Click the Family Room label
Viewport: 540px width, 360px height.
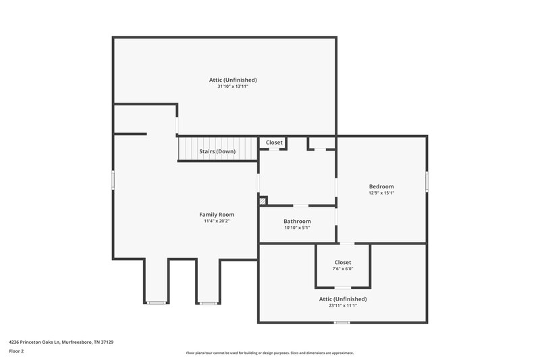(216, 214)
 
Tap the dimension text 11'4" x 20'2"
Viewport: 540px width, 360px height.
(216, 221)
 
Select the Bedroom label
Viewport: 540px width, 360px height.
(381, 186)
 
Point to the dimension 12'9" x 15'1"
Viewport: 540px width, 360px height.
(381, 193)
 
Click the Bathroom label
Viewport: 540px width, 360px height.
(297, 222)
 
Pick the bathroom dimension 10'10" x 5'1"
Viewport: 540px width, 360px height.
(297, 228)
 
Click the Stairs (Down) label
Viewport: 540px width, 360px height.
(217, 151)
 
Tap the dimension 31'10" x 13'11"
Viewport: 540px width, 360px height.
(233, 86)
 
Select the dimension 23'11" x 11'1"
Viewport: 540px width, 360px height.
(343, 305)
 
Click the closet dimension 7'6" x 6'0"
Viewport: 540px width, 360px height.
(343, 269)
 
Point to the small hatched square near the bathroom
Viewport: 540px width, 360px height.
(263, 201)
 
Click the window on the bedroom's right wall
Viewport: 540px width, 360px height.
(427, 182)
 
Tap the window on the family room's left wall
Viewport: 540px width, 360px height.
(113, 179)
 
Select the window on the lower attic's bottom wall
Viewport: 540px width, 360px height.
(342, 322)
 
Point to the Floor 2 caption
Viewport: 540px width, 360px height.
(16, 351)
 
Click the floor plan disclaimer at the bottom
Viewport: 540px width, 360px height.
(270, 353)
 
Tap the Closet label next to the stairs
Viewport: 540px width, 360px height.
(274, 143)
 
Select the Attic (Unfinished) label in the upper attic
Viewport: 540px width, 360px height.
(233, 80)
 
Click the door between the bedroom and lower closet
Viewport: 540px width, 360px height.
(346, 243)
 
